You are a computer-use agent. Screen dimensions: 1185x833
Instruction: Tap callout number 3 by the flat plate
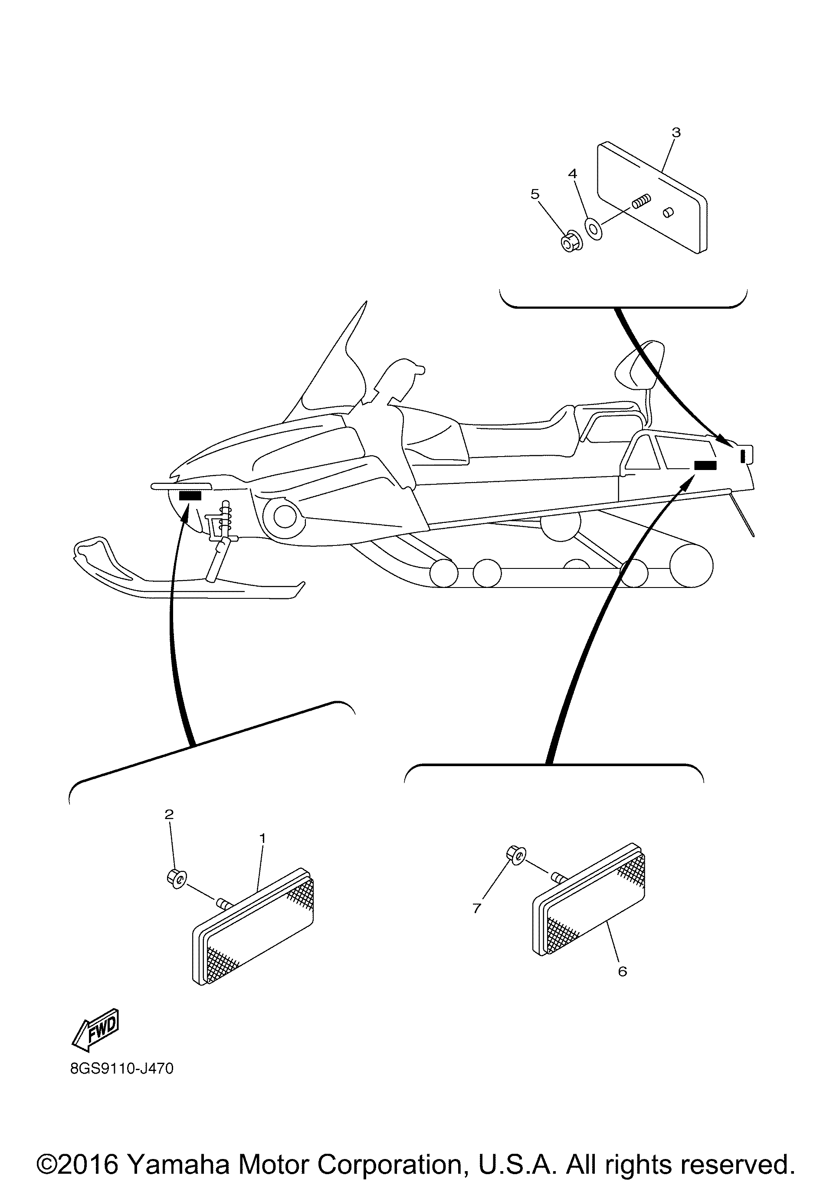[x=676, y=133]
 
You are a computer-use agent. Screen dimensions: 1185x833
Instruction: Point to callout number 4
[x=572, y=173]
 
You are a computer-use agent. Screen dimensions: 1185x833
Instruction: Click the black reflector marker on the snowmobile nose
[x=190, y=496]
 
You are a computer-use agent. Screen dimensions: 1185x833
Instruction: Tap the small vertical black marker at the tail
[x=743, y=456]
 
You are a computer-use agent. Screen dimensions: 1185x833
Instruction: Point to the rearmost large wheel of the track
[x=691, y=566]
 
